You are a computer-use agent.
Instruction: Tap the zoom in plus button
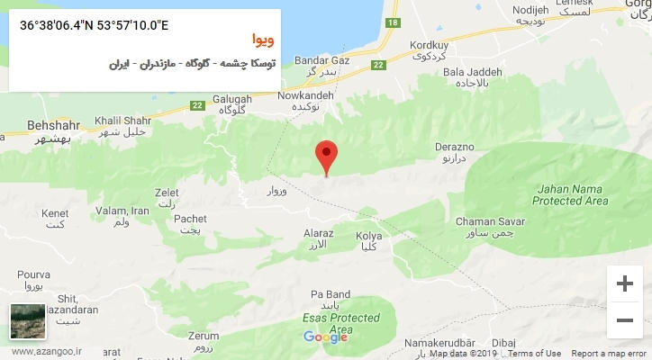[624, 283]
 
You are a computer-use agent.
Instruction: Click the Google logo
[325, 337]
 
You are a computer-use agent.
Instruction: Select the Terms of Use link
[534, 354]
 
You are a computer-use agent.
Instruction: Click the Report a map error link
[609, 354]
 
